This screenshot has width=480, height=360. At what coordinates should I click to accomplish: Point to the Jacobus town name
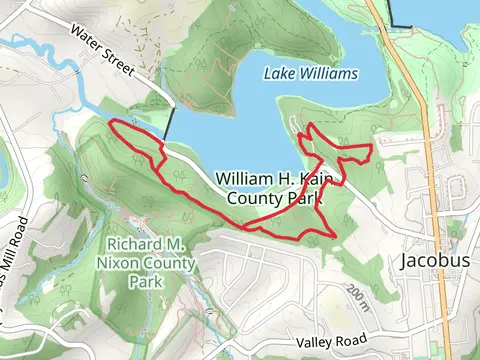[434, 261]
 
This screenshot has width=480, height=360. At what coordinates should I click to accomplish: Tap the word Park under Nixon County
[146, 282]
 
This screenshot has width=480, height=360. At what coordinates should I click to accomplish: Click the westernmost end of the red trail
[108, 125]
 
